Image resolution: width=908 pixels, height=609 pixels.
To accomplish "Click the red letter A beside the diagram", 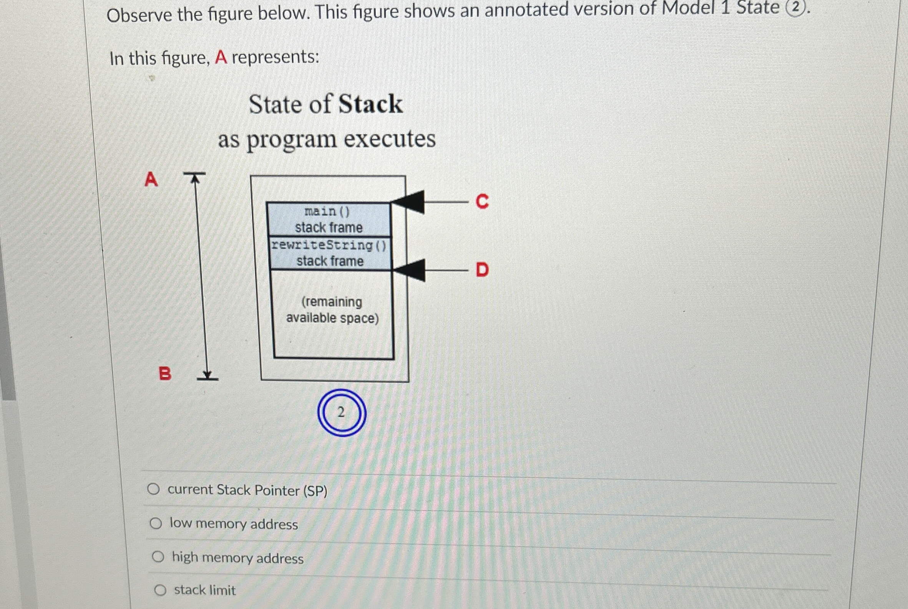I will tap(151, 180).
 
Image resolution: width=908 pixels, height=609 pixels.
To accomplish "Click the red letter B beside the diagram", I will tap(165, 374).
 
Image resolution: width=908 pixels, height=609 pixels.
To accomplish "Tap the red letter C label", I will tap(482, 201).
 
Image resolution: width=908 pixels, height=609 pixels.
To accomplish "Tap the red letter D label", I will tap(482, 269).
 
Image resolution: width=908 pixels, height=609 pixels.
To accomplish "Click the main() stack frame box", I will tap(329, 220).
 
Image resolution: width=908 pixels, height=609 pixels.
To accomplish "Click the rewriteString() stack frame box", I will tap(330, 253).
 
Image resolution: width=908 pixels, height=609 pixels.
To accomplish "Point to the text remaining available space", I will tap(332, 310).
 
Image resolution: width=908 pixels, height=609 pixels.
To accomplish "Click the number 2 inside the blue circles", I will tap(342, 413).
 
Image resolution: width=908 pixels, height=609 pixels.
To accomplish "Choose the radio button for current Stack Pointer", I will tap(153, 489).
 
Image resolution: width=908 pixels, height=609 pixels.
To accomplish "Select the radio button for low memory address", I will tap(156, 523).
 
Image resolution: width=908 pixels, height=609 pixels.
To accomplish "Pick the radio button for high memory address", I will tap(158, 557).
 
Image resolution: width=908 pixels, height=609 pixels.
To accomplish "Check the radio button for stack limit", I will tap(160, 590).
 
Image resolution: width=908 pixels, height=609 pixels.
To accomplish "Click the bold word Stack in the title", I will tap(370, 104).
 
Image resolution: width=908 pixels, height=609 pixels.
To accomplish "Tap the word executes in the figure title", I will tap(390, 139).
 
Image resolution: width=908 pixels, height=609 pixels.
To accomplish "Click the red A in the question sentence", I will tap(221, 58).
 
